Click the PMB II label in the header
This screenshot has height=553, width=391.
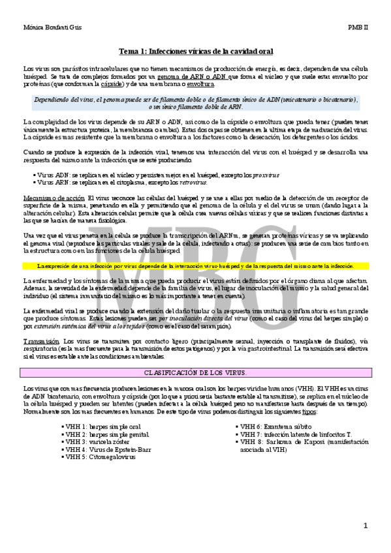click(358, 28)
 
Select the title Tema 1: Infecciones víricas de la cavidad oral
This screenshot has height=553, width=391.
click(196, 51)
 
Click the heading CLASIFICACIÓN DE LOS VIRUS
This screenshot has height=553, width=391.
click(196, 372)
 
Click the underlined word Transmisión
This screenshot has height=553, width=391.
click(41, 341)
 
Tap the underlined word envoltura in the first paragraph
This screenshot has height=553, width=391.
click(200, 84)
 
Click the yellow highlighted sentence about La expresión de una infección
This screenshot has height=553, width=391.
click(196, 266)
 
